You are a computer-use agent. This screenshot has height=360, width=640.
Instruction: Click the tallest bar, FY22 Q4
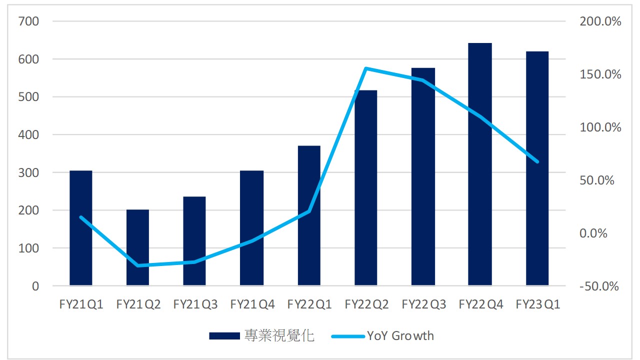pos(479,165)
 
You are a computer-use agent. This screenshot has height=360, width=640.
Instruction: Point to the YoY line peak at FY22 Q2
pos(366,68)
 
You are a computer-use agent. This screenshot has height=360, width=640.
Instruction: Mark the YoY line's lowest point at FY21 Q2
pos(137,265)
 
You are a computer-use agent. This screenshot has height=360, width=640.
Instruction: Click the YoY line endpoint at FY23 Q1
pos(537,162)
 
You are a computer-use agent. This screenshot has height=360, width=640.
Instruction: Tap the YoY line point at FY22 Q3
pos(423,80)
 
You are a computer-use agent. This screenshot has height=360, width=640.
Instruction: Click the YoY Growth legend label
pos(400,335)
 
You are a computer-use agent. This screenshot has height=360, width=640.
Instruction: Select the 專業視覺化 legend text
pos(279,335)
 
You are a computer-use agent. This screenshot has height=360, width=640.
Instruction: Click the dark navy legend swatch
pos(224,336)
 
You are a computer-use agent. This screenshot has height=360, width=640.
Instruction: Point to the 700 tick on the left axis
pos(28,21)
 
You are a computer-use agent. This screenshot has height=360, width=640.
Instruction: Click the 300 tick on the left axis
pos(28,172)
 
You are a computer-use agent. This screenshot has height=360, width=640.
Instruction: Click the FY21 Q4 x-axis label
pos(252,304)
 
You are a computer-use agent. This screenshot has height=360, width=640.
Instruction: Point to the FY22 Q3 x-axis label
pos(423,304)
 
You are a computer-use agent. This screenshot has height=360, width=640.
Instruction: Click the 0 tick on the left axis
pos(35,286)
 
